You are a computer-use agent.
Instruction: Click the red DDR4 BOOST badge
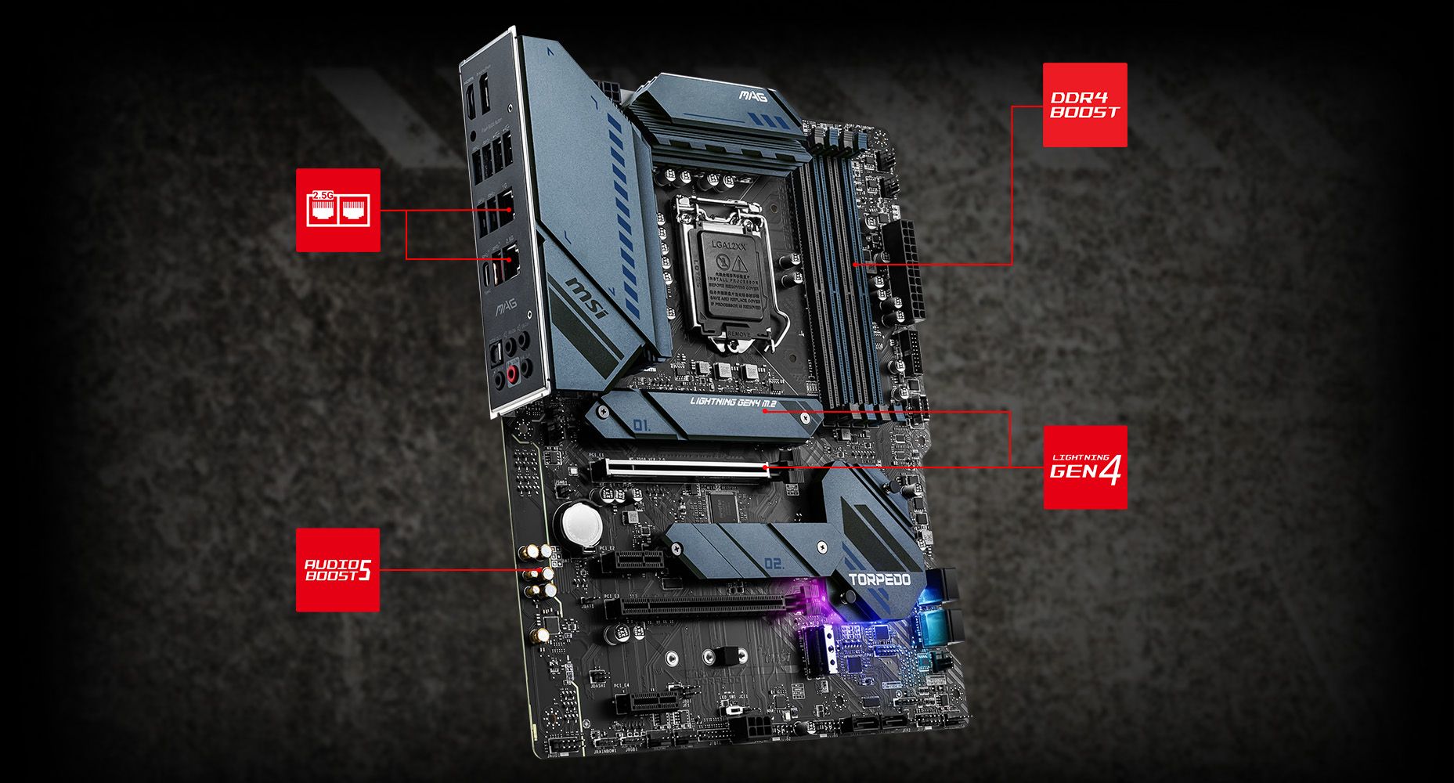click(1084, 105)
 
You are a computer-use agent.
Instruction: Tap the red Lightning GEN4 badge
click(1084, 467)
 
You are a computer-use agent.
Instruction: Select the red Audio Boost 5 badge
click(337, 569)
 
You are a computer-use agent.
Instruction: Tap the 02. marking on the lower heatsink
click(773, 562)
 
